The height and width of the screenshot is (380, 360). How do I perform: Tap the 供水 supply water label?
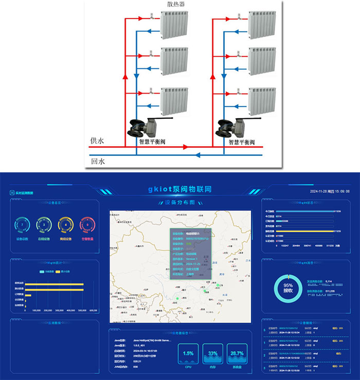98,140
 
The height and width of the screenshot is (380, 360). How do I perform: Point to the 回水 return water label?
98,160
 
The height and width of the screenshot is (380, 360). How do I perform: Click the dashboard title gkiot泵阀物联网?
179,190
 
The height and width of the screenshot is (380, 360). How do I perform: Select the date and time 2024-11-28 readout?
330,191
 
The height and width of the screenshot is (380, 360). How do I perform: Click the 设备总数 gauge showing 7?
22,225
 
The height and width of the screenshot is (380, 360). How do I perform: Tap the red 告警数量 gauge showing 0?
88,225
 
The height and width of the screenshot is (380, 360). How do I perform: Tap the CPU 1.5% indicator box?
188,355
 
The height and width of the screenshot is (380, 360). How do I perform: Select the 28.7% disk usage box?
237,355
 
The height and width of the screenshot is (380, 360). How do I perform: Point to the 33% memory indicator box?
212,355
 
